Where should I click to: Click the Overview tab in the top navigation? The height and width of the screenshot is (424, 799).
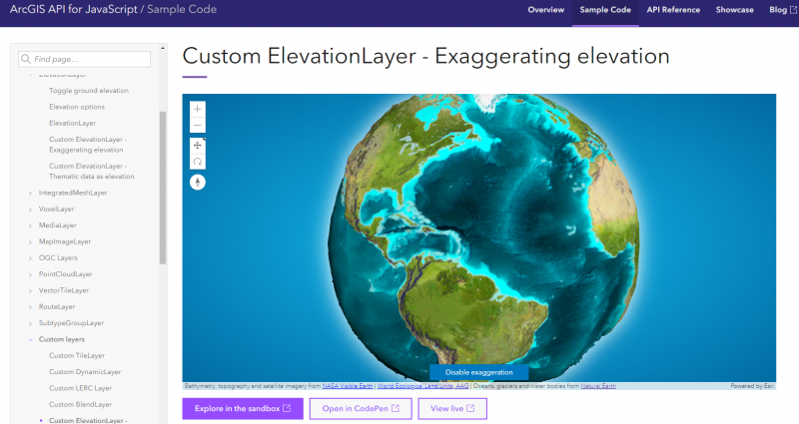[x=546, y=10]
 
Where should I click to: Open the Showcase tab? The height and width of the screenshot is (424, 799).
[x=734, y=10]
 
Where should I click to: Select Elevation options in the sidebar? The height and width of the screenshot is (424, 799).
[x=77, y=107]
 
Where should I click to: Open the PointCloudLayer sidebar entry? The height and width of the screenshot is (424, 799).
[x=65, y=273]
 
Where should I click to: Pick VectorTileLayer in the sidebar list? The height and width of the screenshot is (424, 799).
[x=64, y=290]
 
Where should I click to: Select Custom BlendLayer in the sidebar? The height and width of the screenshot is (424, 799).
[x=81, y=404]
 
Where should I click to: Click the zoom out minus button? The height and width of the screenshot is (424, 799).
[x=198, y=125]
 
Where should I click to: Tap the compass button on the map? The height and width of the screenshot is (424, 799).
[x=198, y=182]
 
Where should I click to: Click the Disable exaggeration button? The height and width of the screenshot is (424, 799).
[x=479, y=372]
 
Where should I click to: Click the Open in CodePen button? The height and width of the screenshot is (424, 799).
[x=361, y=408]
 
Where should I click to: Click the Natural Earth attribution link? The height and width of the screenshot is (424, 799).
[x=598, y=385]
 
